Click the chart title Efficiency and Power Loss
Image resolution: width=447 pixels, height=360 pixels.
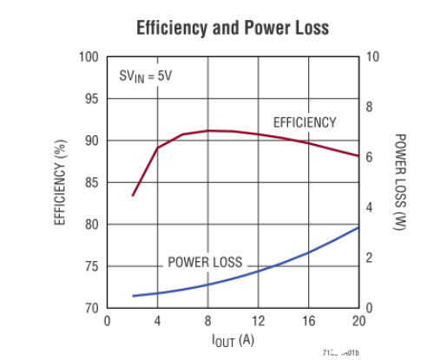click(x=233, y=28)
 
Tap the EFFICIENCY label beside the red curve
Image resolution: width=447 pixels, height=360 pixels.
click(x=305, y=122)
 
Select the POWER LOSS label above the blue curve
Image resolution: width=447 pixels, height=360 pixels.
click(x=205, y=262)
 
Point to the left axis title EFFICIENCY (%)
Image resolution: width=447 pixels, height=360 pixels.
click(x=62, y=182)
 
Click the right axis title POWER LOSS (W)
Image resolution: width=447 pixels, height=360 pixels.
click(x=400, y=182)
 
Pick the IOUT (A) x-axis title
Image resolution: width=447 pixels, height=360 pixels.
click(x=233, y=340)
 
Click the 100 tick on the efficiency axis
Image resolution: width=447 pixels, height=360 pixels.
click(x=89, y=57)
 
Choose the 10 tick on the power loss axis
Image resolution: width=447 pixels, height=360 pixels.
click(x=373, y=57)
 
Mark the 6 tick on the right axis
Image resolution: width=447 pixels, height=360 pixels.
click(x=370, y=158)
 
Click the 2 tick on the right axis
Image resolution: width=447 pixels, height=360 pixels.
click(x=370, y=259)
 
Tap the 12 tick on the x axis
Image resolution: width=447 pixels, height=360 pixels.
click(x=258, y=321)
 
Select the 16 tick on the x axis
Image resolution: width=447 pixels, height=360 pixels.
click(x=308, y=321)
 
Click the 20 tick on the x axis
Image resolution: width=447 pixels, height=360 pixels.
click(x=358, y=321)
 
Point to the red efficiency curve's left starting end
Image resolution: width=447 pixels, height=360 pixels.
click(x=133, y=195)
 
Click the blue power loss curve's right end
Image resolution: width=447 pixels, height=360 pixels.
click(x=358, y=227)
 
